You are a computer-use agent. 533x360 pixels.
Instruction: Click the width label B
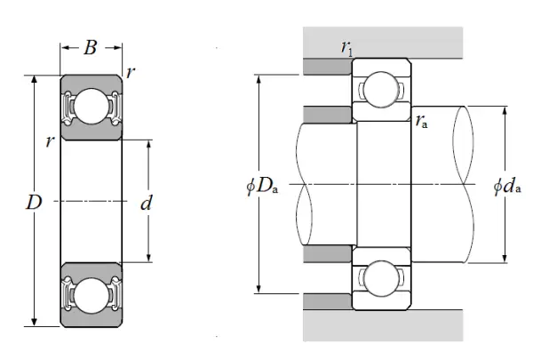click(x=91, y=48)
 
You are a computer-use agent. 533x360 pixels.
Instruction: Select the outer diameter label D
click(x=34, y=203)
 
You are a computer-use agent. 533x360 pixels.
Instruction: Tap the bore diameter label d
click(x=147, y=204)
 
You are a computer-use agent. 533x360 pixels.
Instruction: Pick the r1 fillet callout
click(x=346, y=48)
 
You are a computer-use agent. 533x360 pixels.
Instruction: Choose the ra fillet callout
click(x=423, y=122)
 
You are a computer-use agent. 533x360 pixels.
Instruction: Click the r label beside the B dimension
click(x=131, y=72)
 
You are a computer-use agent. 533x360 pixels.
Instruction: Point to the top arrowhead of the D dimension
click(x=35, y=79)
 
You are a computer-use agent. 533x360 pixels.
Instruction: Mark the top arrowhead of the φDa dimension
click(x=259, y=78)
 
